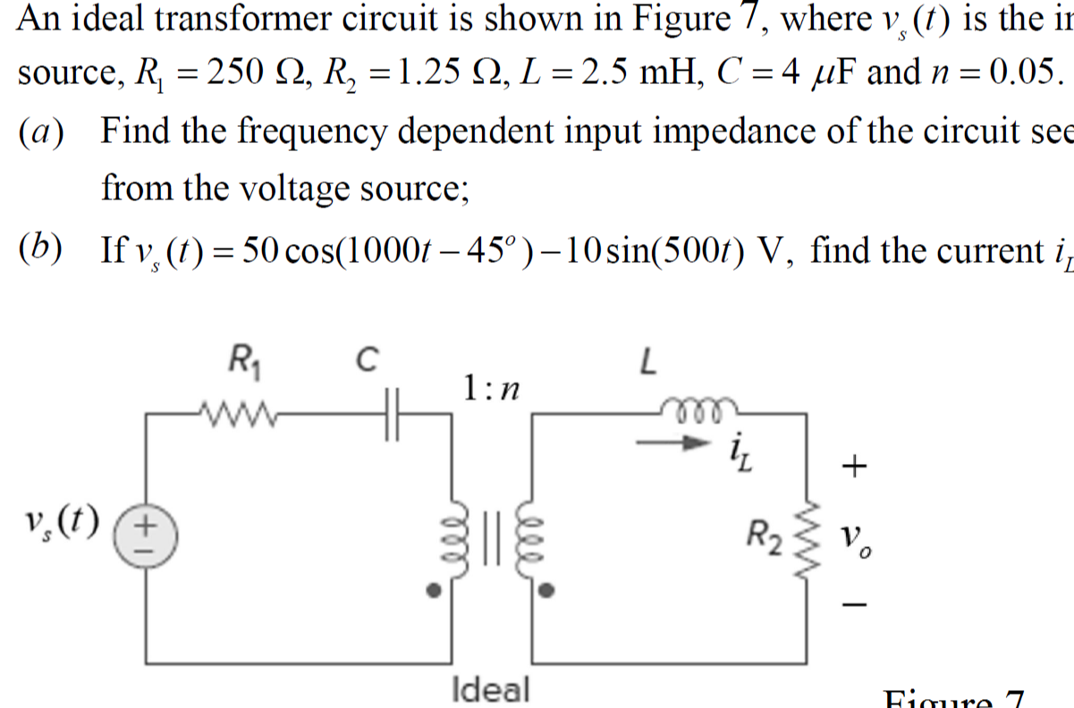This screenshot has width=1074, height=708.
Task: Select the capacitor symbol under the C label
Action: click(391, 414)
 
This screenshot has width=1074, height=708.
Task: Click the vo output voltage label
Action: click(857, 539)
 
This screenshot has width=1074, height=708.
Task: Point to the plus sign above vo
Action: click(856, 465)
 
